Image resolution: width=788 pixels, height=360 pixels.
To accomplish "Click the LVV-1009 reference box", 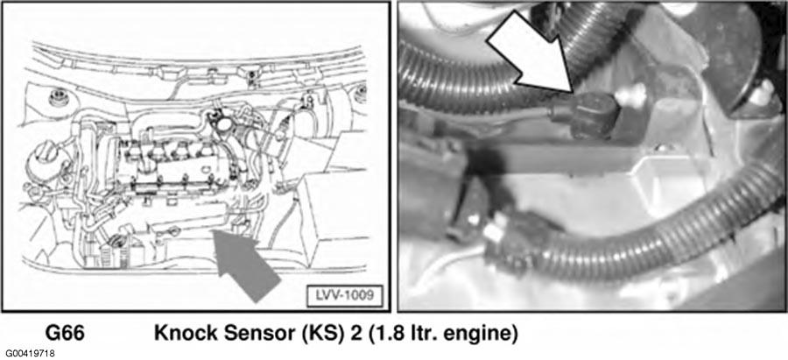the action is click(x=345, y=296).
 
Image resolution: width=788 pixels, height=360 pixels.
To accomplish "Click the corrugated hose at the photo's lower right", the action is click(x=653, y=236).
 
